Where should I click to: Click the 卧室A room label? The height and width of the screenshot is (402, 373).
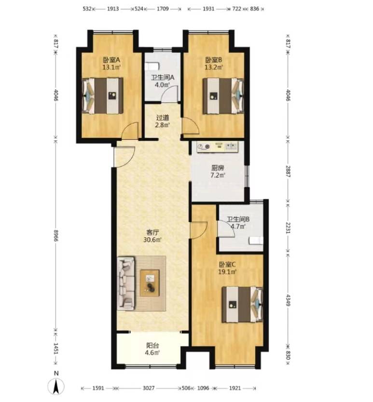point(111,60)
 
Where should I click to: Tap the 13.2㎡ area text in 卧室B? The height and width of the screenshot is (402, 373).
point(214,67)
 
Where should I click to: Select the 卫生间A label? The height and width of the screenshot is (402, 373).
point(163,78)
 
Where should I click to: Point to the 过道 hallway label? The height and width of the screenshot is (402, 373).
point(163,118)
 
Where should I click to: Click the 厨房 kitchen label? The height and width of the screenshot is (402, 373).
point(218,168)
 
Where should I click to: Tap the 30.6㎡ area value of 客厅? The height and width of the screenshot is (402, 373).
point(152,240)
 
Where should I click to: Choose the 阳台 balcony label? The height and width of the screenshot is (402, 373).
point(152,345)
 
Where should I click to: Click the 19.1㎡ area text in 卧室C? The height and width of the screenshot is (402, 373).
point(227,272)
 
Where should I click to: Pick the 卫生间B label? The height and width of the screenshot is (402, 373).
point(238,219)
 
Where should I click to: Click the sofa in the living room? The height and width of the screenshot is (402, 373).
point(126,283)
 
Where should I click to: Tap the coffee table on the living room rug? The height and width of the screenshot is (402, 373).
point(150,283)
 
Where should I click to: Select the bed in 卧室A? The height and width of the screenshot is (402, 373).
point(102,95)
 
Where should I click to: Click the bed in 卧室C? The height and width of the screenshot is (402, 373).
point(242,304)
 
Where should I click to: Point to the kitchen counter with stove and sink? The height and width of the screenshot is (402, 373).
point(218,147)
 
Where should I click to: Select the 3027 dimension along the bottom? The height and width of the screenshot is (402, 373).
point(149,388)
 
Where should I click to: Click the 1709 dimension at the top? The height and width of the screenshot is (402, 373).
point(163,9)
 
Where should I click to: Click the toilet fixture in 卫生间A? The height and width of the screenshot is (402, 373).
point(152,66)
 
